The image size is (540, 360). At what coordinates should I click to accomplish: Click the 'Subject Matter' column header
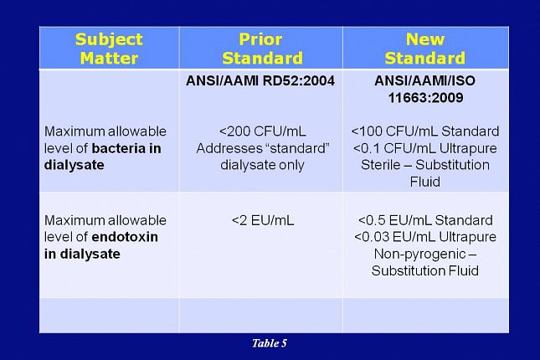[109, 49]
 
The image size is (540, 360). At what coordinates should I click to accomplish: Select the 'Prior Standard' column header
[260, 49]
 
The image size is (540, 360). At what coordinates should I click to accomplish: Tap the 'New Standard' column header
[424, 49]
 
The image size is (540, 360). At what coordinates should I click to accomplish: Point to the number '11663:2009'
[425, 98]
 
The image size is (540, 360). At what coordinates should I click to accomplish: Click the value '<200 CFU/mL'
[260, 132]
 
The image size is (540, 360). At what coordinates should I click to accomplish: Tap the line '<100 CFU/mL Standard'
[425, 132]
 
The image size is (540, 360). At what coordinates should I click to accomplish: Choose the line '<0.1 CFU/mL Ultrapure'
[425, 148]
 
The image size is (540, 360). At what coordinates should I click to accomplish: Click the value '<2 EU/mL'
[260, 220]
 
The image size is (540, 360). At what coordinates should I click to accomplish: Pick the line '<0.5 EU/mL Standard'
[425, 220]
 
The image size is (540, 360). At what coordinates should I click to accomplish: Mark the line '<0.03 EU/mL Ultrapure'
[425, 237]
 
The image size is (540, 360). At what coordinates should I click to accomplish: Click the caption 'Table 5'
[270, 343]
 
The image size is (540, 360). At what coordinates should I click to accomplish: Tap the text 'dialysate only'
[260, 165]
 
